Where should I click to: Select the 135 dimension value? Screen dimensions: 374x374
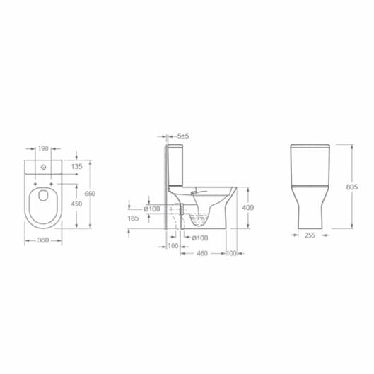[x=77, y=166]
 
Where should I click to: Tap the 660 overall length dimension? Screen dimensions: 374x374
[x=89, y=194]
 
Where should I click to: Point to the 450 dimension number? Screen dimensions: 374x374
[x=77, y=204]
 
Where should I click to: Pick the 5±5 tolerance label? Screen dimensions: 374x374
[x=182, y=135]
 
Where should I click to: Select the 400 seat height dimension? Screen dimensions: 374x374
[x=247, y=208]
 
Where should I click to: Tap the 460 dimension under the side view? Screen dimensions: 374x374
[x=201, y=252]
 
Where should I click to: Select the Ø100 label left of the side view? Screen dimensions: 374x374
[x=151, y=208]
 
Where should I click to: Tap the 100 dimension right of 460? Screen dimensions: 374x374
[x=230, y=252]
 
